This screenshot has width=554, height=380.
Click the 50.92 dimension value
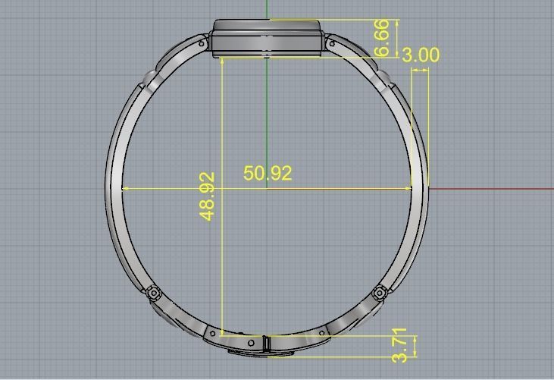click(x=268, y=173)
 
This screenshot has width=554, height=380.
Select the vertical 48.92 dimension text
click(x=208, y=196)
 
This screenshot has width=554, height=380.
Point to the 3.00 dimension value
click(x=420, y=55)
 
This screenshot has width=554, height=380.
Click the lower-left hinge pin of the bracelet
click(x=154, y=292)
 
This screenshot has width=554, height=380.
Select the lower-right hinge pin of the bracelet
click(x=380, y=292)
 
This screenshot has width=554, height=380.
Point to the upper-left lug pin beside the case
click(x=202, y=44)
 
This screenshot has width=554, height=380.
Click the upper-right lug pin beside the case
click(x=331, y=44)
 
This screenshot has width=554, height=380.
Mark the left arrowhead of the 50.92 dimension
click(x=125, y=188)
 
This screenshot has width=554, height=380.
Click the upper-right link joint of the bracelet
click(x=384, y=77)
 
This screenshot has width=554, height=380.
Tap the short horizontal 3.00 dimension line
click(x=420, y=71)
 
